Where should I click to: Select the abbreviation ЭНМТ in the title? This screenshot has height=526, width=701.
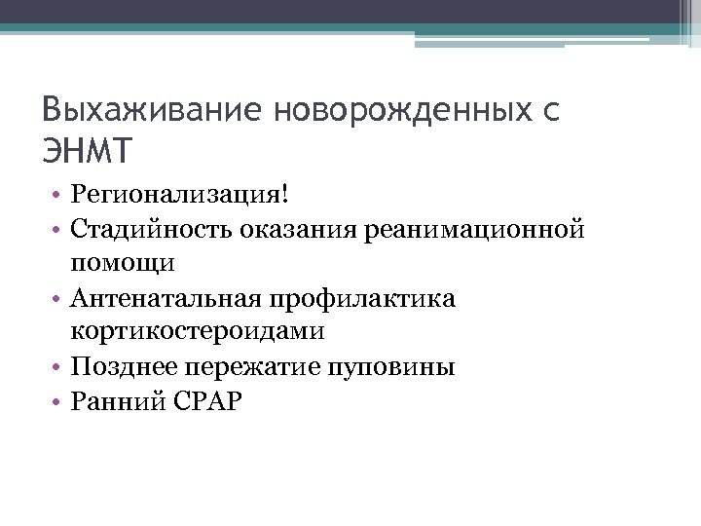[87, 152]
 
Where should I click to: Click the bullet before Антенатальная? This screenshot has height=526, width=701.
[60, 298]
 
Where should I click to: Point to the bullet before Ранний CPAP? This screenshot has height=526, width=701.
[60, 401]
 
